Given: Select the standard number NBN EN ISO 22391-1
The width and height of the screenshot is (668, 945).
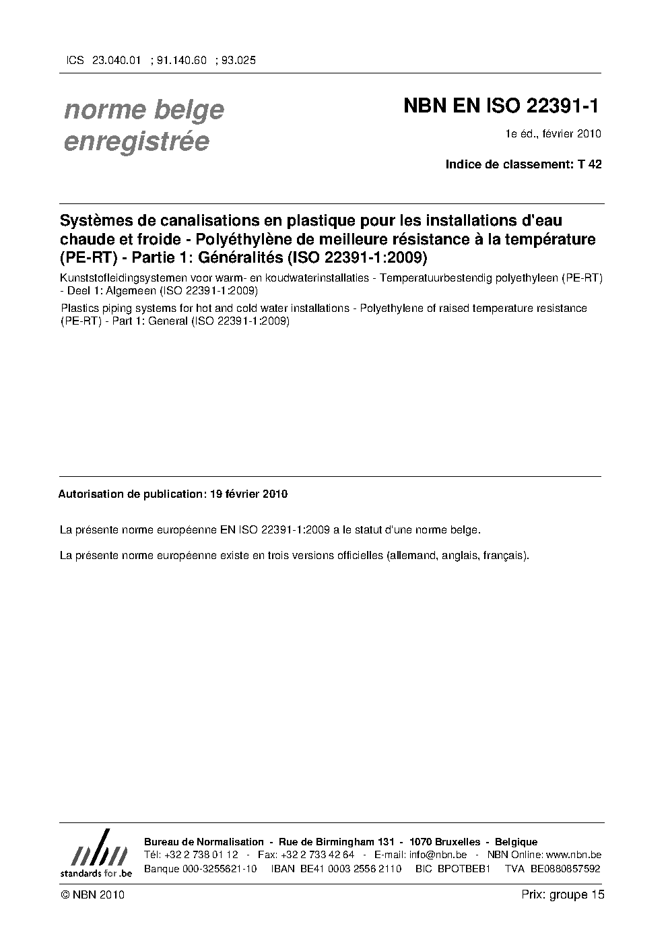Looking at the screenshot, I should pos(501,106).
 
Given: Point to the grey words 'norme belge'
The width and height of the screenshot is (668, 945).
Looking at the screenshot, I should pos(143,109).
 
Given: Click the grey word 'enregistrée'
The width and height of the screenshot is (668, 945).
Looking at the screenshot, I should pos(136,142).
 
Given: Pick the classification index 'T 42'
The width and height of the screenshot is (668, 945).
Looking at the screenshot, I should pos(590,164).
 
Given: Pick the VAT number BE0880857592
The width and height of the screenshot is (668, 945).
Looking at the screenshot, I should pos(565,868).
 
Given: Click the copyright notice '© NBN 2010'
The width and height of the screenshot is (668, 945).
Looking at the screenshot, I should pos(92,895).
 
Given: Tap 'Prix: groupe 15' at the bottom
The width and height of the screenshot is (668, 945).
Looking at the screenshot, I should pos(563,894).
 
